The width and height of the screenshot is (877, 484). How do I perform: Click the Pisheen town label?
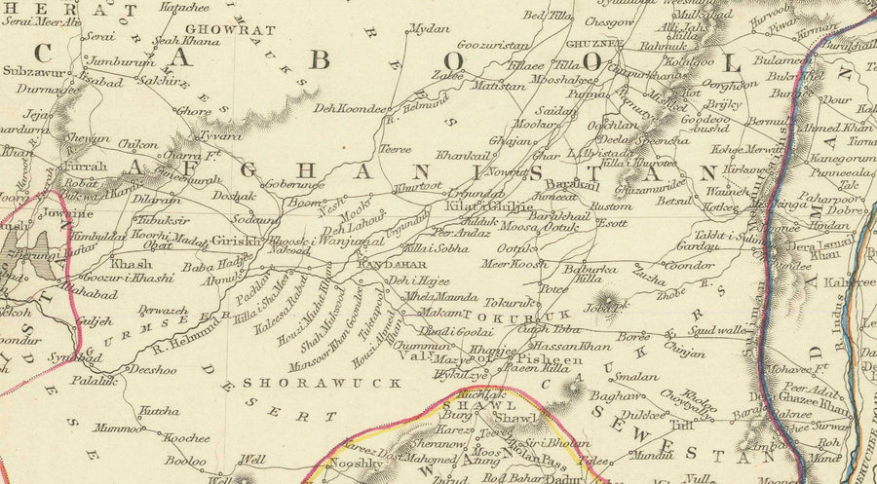[536, 360]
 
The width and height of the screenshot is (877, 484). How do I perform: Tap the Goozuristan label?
[494, 45]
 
